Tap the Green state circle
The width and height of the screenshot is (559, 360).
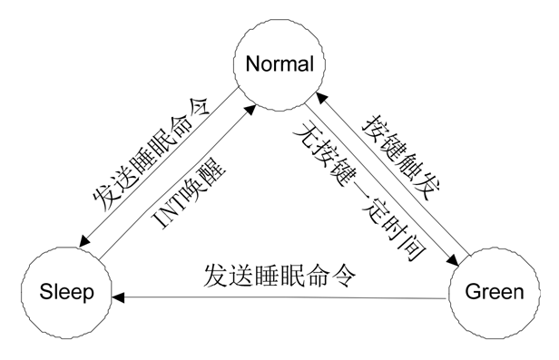pos(494,292)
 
